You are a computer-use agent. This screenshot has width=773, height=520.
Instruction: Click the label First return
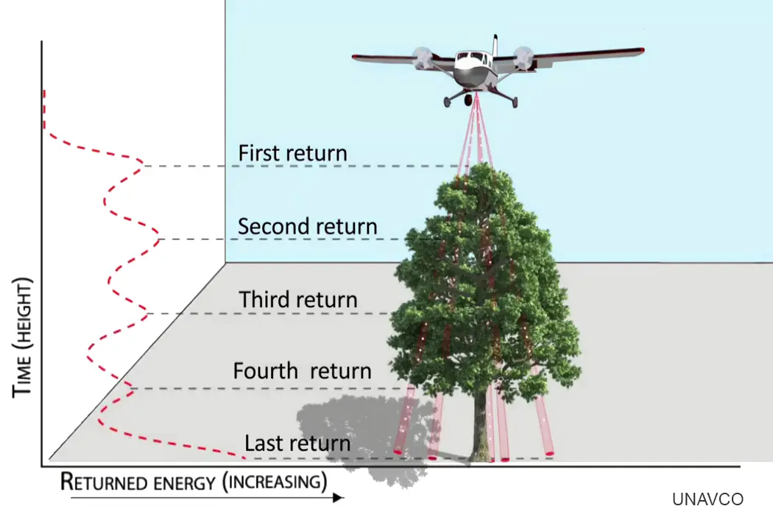coord(292,153)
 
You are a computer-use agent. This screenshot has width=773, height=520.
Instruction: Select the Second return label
coord(307,226)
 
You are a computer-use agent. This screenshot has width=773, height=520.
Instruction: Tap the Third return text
coord(298,300)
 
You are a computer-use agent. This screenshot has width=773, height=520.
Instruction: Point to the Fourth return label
coord(302,370)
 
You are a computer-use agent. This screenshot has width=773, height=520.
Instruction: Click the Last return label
coord(297,443)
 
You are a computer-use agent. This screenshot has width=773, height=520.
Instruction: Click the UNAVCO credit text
coord(707,499)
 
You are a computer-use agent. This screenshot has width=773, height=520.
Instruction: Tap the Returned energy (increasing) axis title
coord(194,482)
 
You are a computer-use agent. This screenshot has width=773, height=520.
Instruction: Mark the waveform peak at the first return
coord(141,164)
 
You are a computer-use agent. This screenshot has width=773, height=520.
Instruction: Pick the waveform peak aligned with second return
coord(158,238)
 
